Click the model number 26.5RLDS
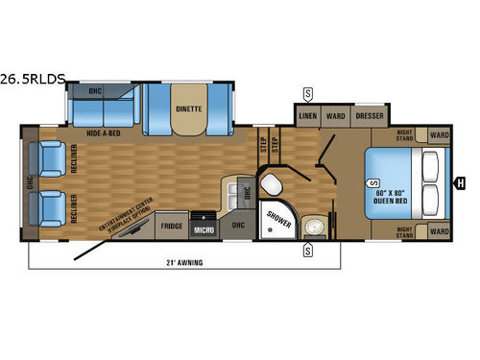tap(34, 80)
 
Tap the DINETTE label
tap(188, 108)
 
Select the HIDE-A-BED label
tap(101, 135)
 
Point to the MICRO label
tap(202, 229)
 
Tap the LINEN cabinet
tap(308, 116)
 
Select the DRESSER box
tap(369, 116)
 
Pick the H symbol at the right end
tap(460, 182)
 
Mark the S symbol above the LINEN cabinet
tap(307, 93)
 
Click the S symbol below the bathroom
tap(307, 251)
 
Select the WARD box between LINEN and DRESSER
tap(335, 116)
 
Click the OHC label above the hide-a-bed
tap(95, 92)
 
